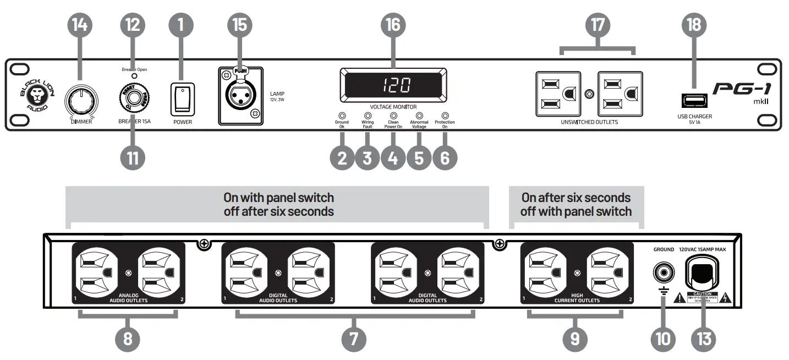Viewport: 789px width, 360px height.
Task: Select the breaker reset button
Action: pyautogui.click(x=133, y=98)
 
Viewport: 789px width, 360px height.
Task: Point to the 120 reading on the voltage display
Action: pyautogui.click(x=393, y=85)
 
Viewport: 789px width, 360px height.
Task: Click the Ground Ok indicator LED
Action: pyautogui.click(x=342, y=116)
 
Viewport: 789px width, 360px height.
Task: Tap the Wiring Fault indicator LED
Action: pyautogui.click(x=368, y=116)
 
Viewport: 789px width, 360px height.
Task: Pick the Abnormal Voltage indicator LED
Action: pyautogui.click(x=419, y=116)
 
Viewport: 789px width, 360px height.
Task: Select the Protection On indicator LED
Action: pyautogui.click(x=445, y=116)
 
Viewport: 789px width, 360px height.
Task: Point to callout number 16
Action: pyautogui.click(x=393, y=24)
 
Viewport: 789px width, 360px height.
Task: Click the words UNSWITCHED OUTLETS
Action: pyautogui.click(x=589, y=122)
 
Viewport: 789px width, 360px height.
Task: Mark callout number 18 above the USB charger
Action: pyautogui.click(x=694, y=24)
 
